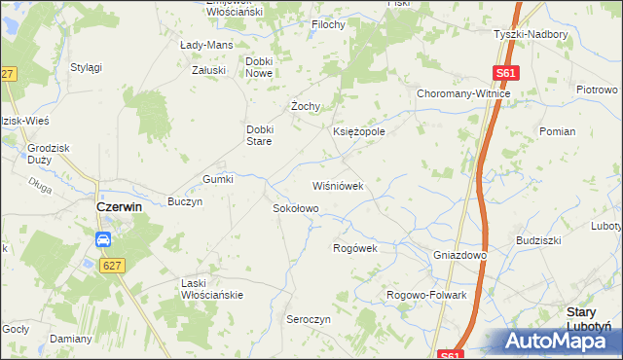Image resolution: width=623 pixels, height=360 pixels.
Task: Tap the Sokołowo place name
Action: [294, 208]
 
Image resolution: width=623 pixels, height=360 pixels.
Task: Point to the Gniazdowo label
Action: [459, 254]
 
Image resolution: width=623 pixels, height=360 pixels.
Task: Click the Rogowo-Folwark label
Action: [427, 295]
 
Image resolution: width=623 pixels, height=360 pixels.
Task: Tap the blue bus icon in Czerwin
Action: [103, 239]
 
